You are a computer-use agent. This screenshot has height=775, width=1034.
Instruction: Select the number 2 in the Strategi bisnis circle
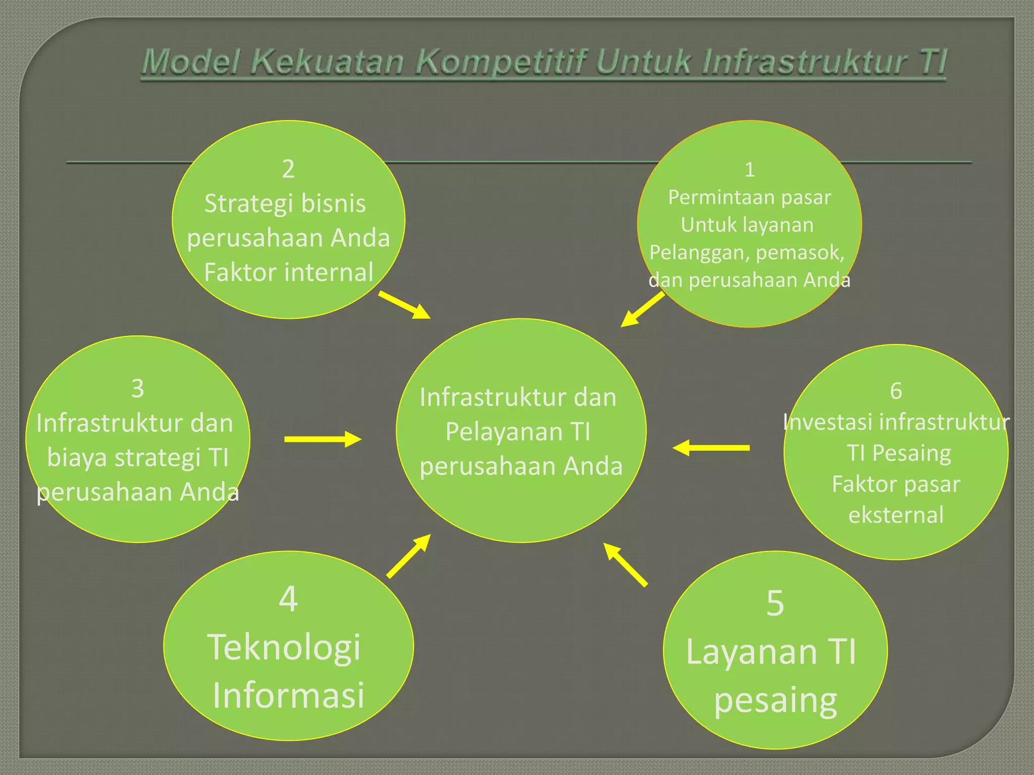288,169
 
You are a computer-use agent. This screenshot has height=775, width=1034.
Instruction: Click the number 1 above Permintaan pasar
750,170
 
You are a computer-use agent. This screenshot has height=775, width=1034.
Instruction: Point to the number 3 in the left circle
137,389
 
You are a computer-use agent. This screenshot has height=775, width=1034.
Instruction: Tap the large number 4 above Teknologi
288,599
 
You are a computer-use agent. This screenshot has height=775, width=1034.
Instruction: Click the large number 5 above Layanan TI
775,603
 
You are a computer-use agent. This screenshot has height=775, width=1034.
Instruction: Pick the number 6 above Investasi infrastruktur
896,391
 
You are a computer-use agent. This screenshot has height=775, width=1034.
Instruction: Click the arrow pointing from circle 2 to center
404,305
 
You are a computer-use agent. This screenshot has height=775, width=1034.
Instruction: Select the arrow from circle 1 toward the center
642,310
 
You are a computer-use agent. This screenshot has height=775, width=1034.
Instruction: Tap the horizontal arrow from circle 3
323,439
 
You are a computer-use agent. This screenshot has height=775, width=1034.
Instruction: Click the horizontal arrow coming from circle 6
711,448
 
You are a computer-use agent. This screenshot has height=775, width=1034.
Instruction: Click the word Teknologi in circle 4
284,647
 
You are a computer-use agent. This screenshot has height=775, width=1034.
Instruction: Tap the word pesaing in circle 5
775,701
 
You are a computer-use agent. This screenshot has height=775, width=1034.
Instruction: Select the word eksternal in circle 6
896,515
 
